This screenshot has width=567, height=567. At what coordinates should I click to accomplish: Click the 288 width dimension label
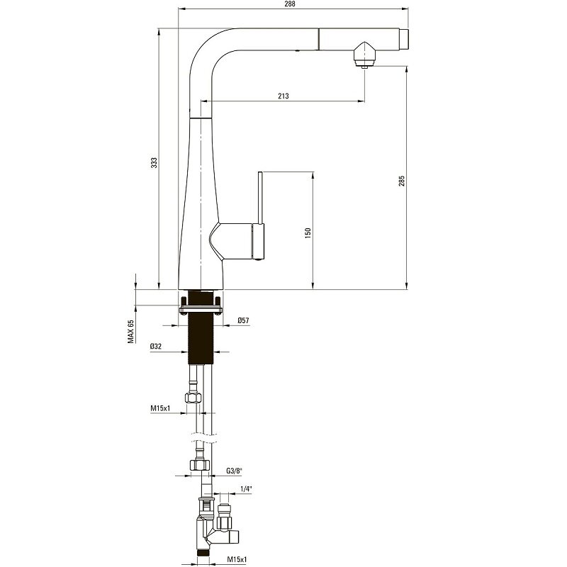[290, 4]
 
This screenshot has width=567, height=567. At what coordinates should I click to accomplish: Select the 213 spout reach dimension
[283, 96]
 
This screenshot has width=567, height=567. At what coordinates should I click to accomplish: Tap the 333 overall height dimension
[155, 162]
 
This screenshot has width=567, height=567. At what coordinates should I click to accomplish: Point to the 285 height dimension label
[402, 181]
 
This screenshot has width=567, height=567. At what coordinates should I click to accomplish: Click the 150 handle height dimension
[308, 232]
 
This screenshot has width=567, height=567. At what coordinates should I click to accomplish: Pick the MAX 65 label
[130, 331]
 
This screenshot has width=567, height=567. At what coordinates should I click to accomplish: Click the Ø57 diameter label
[243, 320]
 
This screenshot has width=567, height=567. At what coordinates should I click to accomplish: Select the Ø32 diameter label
[156, 347]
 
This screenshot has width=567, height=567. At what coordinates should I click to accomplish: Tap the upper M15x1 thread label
[161, 408]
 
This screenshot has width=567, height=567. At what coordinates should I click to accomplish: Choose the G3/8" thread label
[234, 471]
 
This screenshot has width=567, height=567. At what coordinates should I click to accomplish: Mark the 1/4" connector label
[246, 489]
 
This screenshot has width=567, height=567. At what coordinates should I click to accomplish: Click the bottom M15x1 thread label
[237, 559]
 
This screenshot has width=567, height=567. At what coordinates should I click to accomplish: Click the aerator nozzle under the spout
[364, 55]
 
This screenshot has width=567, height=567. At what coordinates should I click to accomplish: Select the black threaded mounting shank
[201, 327]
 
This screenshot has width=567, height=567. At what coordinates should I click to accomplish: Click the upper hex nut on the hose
[193, 398]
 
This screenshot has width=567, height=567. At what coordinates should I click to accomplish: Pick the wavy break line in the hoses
[203, 437]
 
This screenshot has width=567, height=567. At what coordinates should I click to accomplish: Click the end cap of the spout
[404, 38]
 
